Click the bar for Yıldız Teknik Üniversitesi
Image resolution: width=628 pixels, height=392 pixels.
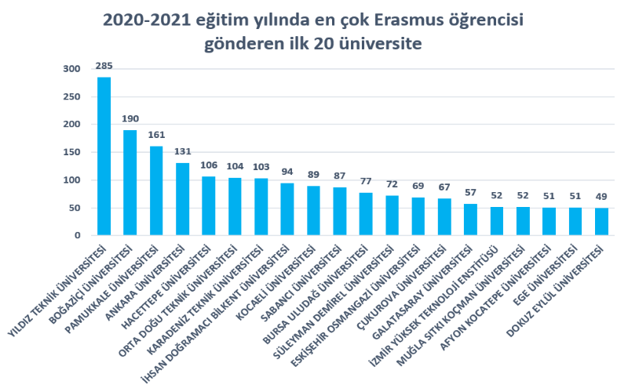(104, 156)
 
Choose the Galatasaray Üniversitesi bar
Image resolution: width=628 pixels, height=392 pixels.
(470, 220)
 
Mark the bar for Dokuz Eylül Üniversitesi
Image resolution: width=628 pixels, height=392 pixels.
(601, 222)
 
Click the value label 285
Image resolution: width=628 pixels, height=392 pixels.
(104, 66)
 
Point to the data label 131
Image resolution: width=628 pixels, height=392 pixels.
(182, 151)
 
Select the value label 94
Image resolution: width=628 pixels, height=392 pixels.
(287, 172)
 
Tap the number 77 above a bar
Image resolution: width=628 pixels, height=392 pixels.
(366, 181)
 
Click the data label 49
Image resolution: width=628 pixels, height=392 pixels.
(601, 197)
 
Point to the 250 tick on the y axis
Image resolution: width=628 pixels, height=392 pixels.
(71, 97)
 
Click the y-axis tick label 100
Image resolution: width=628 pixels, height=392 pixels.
(71, 180)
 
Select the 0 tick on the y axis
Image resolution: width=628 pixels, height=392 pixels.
(77, 235)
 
